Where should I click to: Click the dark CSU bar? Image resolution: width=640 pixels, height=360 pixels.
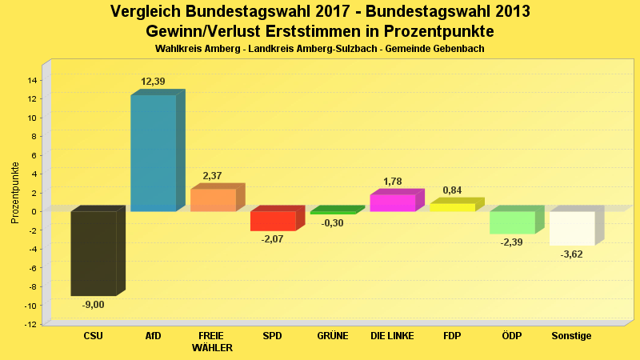click(x=94, y=254)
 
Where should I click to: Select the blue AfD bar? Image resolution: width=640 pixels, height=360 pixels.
click(x=154, y=153)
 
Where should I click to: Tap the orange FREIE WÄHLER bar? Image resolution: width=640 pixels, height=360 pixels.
click(x=213, y=200)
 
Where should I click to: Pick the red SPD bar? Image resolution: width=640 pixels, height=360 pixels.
click(x=273, y=221)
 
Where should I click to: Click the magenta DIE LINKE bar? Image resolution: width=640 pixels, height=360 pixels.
click(x=393, y=203)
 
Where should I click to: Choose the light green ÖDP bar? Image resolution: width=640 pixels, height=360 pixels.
click(x=512, y=222)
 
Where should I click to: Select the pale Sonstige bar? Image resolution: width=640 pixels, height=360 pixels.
click(x=572, y=228)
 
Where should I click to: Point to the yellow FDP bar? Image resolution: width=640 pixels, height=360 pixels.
click(x=452, y=207)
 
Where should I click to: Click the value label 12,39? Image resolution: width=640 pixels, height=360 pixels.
click(x=153, y=82)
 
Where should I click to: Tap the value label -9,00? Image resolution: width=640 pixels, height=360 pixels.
click(x=93, y=304)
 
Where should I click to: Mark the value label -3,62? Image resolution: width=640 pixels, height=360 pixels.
click(x=572, y=254)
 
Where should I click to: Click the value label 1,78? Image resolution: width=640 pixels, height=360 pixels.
click(x=393, y=182)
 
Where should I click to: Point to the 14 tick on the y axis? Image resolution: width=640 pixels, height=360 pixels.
click(x=32, y=80)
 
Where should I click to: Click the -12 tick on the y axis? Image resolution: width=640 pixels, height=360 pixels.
click(x=30, y=324)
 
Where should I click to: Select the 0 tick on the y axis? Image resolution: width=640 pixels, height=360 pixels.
click(x=34, y=211)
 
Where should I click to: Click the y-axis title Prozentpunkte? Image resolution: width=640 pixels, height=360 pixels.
click(x=15, y=192)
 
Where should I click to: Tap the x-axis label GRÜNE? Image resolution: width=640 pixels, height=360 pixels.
click(x=332, y=336)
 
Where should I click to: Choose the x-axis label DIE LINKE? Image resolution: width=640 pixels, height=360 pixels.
click(x=392, y=336)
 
